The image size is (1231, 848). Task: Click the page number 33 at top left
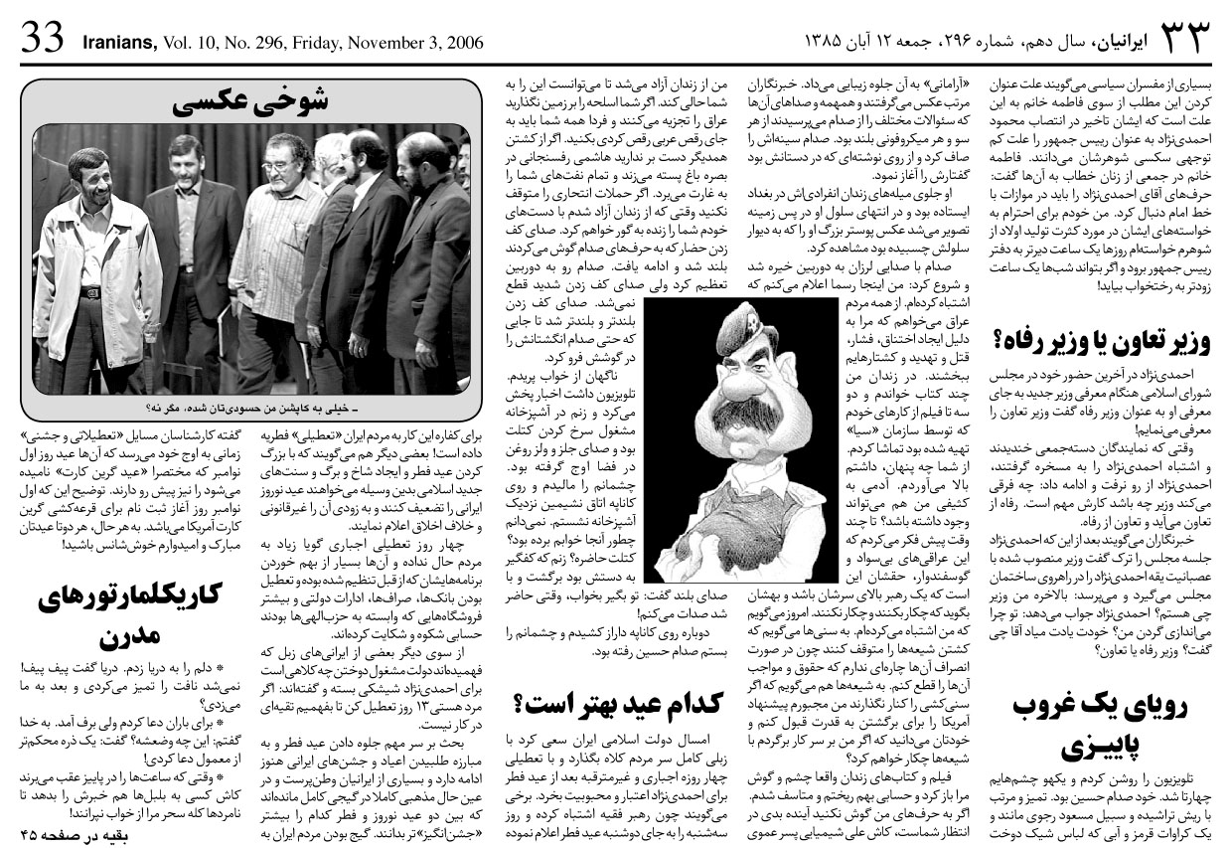[x=43, y=41]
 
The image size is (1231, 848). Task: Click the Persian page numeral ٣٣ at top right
[x=1183, y=40]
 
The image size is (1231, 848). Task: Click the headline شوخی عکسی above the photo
[x=249, y=103]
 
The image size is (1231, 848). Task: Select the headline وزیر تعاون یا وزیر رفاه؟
[x=1101, y=342]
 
